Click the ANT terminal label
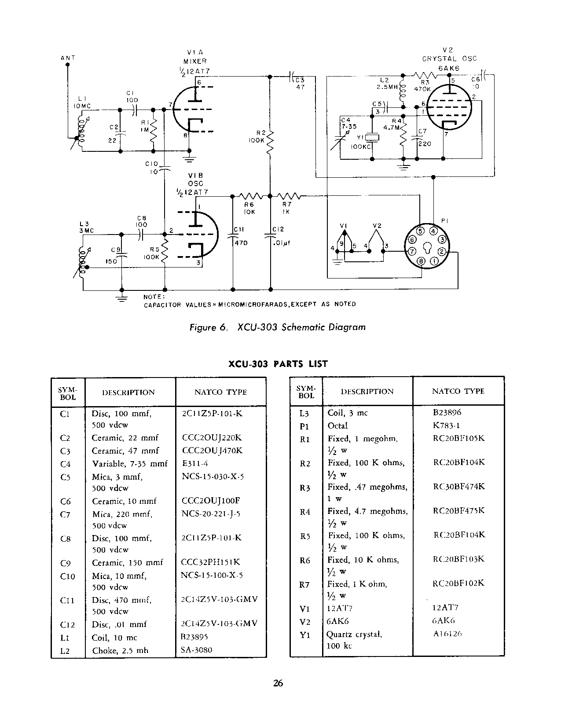point(67,58)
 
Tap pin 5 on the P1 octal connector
point(420,231)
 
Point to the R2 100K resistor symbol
point(270,141)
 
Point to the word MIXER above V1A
point(195,61)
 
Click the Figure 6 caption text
point(277,327)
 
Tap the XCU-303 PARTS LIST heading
point(278,364)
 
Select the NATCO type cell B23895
point(195,637)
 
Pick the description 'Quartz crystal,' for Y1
point(354,634)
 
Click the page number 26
point(278,683)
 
